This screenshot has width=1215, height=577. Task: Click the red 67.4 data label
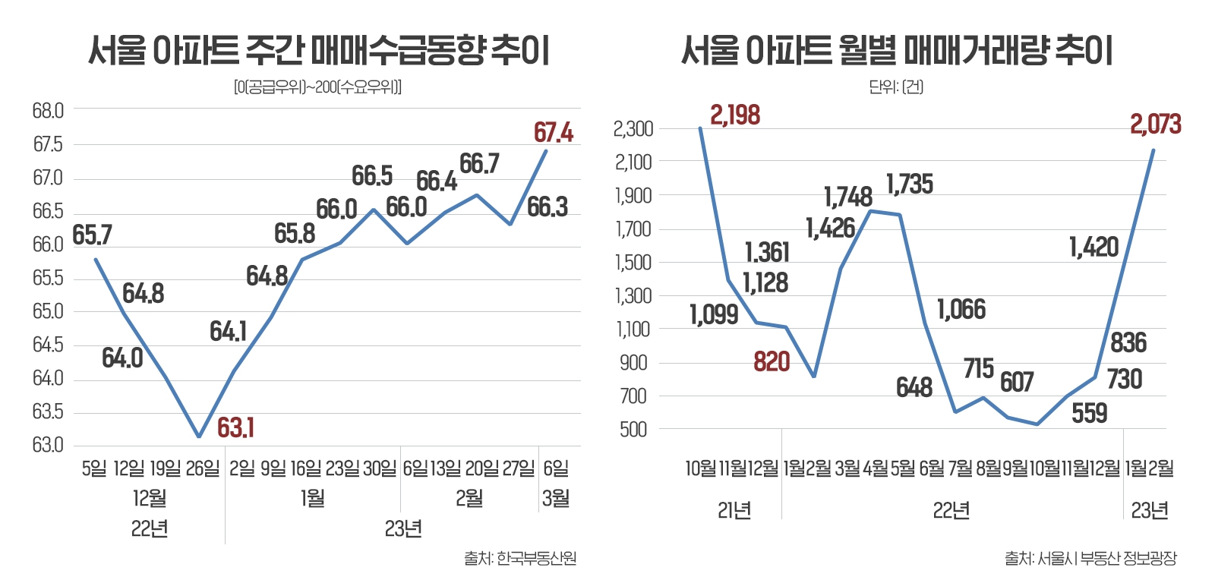point(553,133)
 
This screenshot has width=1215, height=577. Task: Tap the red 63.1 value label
point(235,428)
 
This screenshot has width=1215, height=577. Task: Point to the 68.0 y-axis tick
point(48,111)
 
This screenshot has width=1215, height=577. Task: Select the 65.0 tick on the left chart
point(48,311)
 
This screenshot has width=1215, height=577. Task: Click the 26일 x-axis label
point(202,468)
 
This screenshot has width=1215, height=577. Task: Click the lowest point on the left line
point(199,437)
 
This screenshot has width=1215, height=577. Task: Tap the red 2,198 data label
point(734,115)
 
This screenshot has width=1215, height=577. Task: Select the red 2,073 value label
point(1155,125)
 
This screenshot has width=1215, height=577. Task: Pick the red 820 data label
point(772,362)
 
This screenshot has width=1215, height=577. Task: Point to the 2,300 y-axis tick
point(633,129)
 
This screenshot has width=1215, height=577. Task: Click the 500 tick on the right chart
point(633,430)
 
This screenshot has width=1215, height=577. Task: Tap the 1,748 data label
point(848,197)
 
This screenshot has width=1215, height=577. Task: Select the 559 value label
point(1089,414)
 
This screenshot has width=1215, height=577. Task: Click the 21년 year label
point(734,511)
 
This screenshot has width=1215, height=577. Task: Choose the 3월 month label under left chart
point(556,499)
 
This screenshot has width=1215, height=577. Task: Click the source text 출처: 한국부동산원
point(520,559)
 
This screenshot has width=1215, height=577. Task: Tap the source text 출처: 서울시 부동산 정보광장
point(1090,559)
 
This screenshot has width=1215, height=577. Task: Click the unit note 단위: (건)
point(895,87)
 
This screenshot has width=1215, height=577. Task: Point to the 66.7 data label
point(479,164)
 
